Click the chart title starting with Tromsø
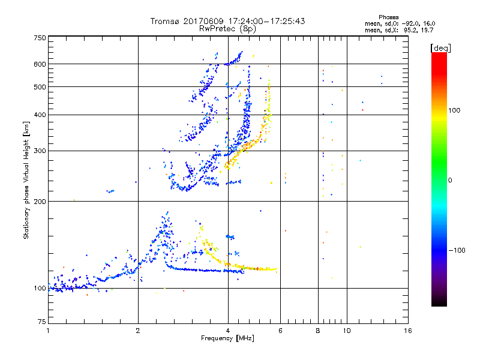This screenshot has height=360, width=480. pos(228,21)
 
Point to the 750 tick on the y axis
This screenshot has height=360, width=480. pos(40,38)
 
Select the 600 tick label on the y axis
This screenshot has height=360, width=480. pos(40,64)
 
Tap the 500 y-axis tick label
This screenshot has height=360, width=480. pos(40,87)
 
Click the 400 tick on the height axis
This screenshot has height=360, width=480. pos(40,115)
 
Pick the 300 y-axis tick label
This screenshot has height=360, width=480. pos(40,151)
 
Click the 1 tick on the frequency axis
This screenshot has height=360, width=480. pos(48,330)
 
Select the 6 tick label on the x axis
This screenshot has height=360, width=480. pos(280,330)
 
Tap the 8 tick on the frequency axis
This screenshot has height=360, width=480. pos(318,330)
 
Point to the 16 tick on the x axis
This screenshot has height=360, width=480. pos(408,330)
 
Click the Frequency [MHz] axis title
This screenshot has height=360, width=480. pos(228,339)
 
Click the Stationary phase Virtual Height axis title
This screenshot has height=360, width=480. pos(26,180)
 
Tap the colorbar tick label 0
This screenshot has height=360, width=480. pos(449,180)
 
